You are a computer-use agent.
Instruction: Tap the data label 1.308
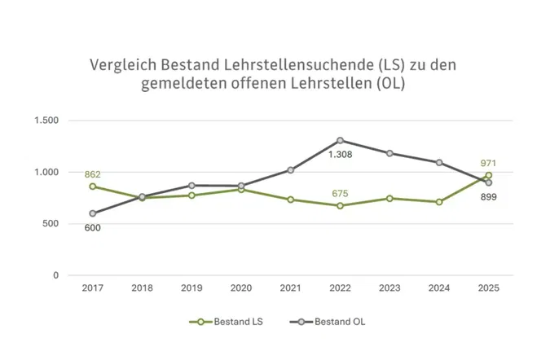click(341, 154)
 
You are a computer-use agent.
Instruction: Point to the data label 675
click(340, 193)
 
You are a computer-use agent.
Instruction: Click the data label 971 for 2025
click(488, 164)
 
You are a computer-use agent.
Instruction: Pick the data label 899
click(488, 197)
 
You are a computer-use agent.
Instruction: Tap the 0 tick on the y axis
click(55, 275)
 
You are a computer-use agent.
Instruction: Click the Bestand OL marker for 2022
click(340, 140)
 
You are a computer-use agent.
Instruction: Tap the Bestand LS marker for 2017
click(93, 187)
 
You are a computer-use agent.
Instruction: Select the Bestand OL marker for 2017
click(93, 213)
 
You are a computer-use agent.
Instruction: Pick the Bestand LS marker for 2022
click(340, 206)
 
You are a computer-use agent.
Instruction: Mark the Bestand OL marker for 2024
click(439, 162)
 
